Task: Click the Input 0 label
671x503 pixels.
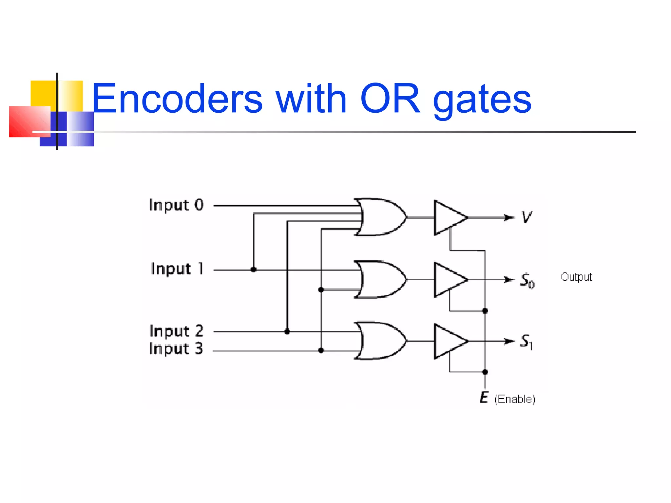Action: coord(176,205)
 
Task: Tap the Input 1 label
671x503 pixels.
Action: coord(177,269)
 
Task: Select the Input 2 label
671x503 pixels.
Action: coord(176,331)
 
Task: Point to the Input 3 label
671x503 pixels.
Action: coord(176,348)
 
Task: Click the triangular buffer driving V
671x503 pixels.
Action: coord(448,217)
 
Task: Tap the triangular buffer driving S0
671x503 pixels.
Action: coord(448,279)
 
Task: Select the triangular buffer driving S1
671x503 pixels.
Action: coord(448,341)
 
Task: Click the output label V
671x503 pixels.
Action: coord(527,217)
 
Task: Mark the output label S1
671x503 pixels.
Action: coord(527,342)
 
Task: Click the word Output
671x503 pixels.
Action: coord(576,277)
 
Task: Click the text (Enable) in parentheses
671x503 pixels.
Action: coord(515,399)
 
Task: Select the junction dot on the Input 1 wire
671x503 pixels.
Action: coord(254,270)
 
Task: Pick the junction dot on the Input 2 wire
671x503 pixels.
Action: coord(287,332)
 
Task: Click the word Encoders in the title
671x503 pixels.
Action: coord(177,99)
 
